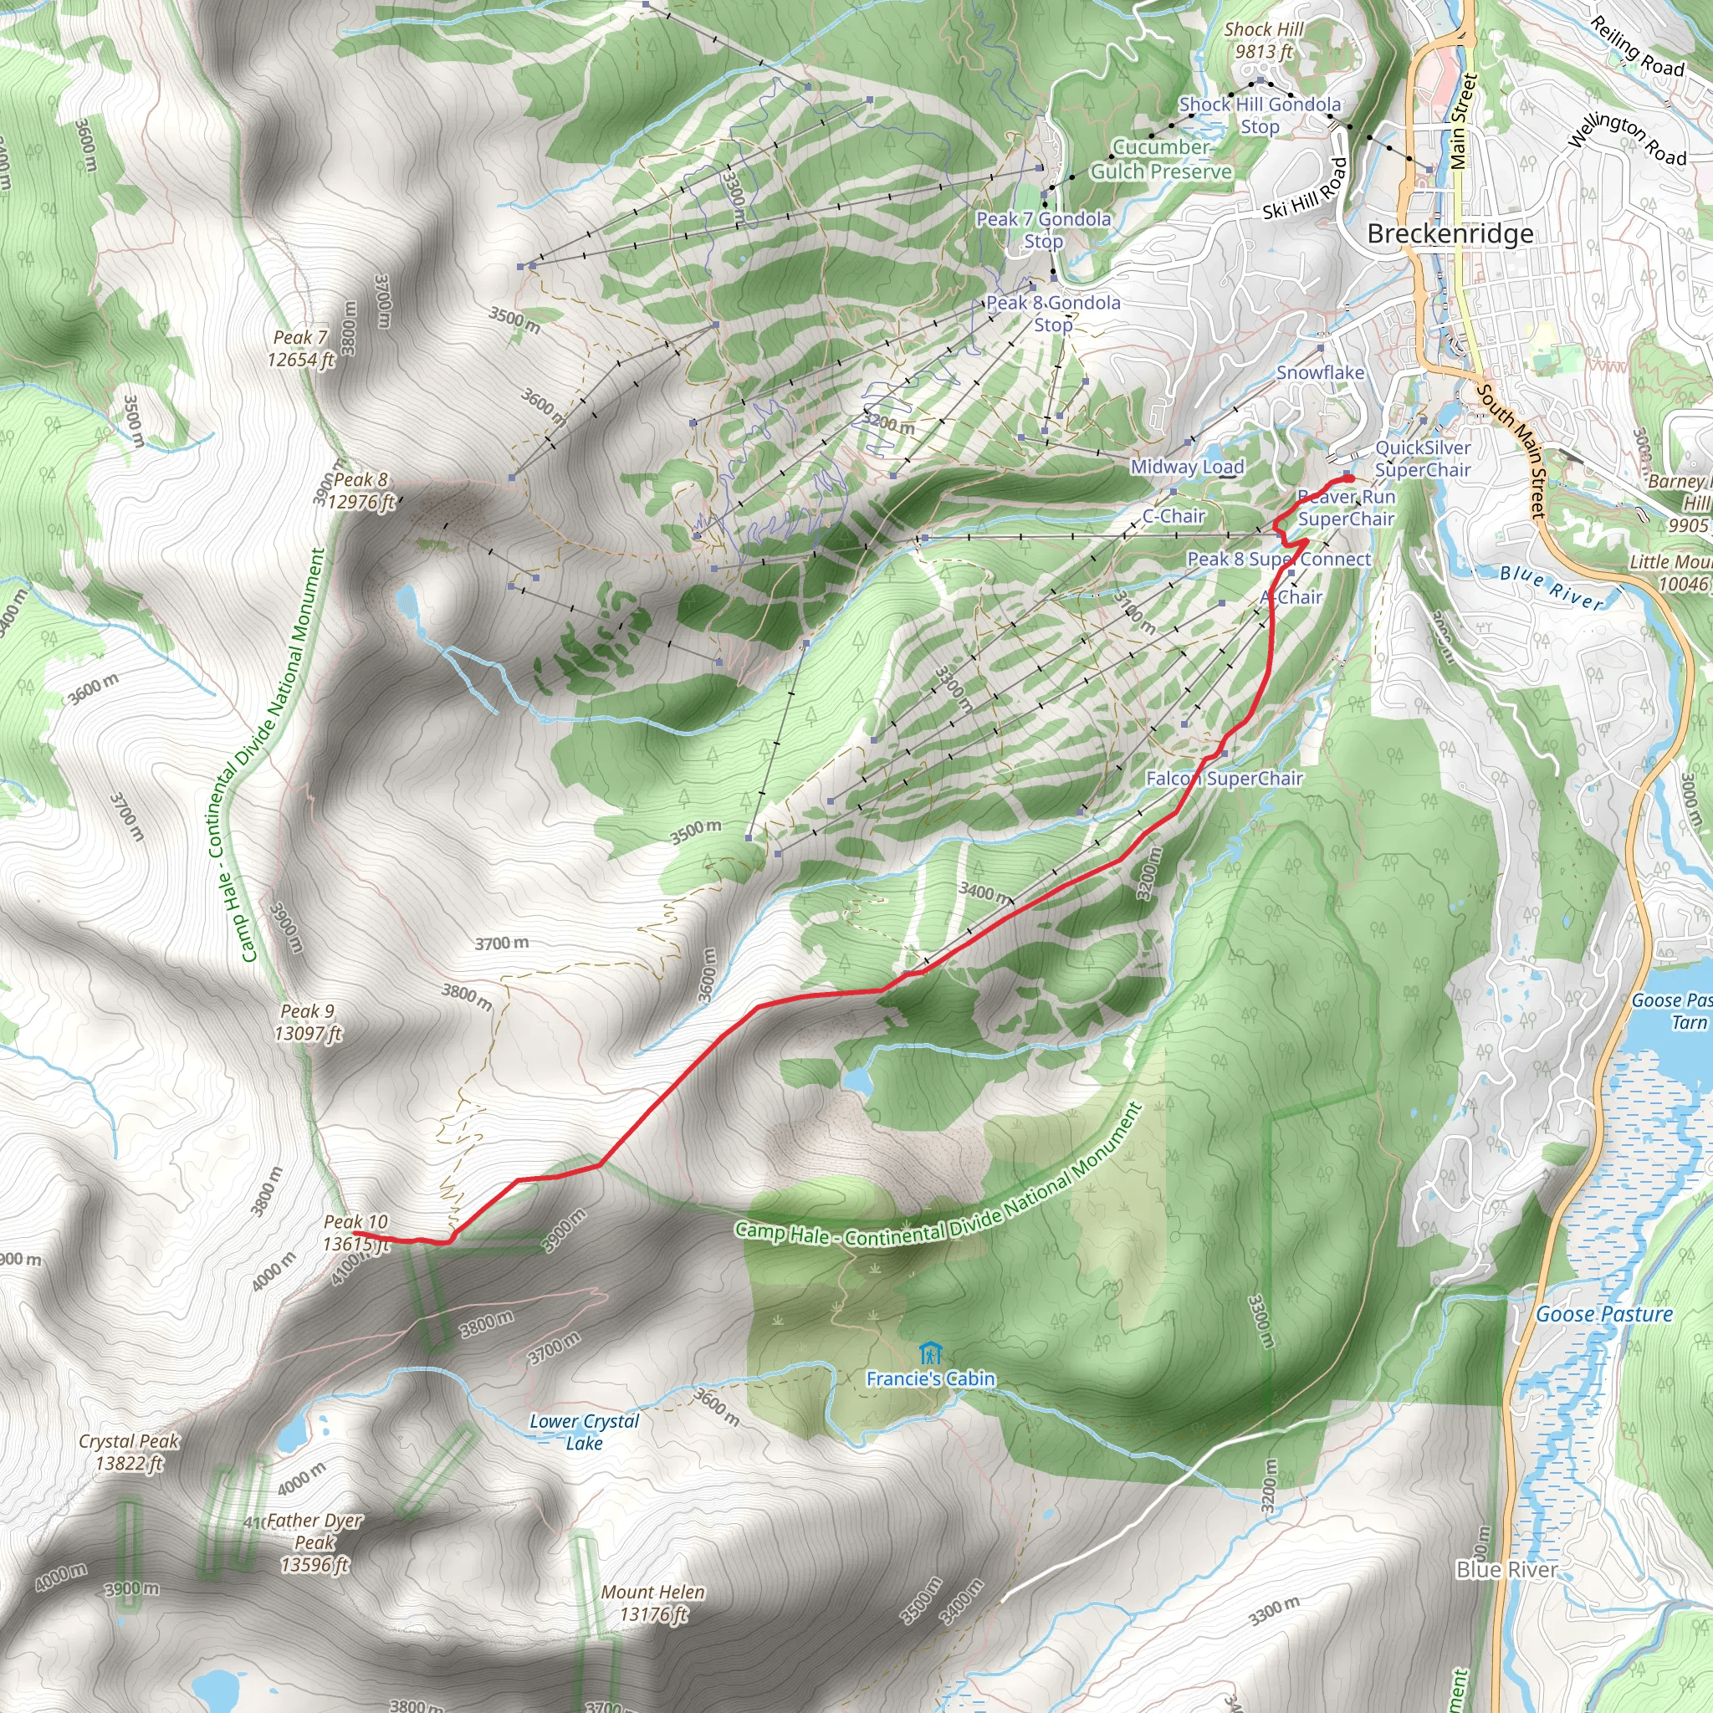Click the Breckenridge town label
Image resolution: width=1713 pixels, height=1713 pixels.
coord(1450,234)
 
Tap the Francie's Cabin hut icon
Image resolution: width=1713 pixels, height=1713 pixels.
coord(930,1353)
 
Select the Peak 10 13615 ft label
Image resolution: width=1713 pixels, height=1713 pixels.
coord(355,1232)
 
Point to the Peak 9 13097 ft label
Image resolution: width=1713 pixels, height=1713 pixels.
coord(307,1022)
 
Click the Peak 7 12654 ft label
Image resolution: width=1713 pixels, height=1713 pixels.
coord(300,349)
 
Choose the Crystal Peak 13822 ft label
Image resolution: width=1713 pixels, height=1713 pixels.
coord(130,1452)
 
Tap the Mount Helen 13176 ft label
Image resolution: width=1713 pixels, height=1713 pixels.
coord(652,1603)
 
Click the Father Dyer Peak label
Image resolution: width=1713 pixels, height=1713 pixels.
coord(314,1542)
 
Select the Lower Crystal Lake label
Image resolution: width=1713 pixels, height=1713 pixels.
coord(585,1432)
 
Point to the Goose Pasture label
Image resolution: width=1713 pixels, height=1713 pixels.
coord(1604,1314)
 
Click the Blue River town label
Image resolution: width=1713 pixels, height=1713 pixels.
coord(1506,1570)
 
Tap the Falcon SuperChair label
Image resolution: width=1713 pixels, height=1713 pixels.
coord(1224,779)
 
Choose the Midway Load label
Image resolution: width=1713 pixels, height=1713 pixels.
coord(1187,467)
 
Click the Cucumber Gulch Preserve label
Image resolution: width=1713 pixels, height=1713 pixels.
coord(1161,160)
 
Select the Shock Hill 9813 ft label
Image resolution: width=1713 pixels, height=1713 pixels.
coord(1264,41)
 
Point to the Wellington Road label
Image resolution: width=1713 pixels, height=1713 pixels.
coord(1627,139)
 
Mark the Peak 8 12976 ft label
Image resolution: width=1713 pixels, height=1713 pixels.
coord(360,490)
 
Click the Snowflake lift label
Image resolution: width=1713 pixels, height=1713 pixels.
coord(1319,372)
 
